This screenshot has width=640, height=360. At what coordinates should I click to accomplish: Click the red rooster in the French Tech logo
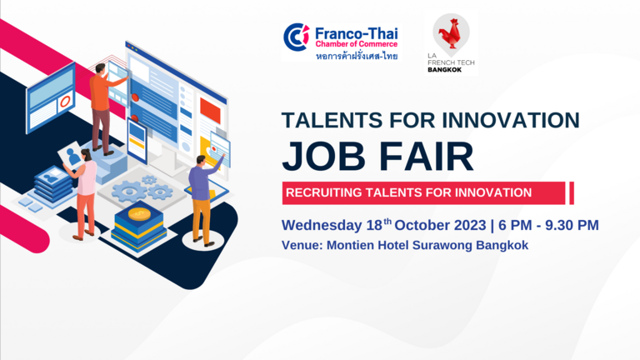(450, 32)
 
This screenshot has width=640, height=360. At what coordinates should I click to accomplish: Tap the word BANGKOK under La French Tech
(444, 70)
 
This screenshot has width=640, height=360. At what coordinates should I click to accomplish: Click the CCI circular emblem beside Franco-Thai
(297, 37)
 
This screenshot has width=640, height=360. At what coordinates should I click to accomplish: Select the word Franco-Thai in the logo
(357, 33)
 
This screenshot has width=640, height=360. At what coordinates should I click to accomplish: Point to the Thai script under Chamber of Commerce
(357, 56)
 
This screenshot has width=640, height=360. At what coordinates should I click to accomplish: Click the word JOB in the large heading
(323, 157)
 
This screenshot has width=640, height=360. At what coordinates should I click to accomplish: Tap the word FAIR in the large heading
(427, 157)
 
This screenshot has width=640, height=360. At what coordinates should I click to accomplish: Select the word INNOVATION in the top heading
(511, 120)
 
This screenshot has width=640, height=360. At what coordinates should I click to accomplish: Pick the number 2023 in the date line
(471, 225)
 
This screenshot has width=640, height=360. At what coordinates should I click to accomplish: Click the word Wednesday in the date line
(322, 225)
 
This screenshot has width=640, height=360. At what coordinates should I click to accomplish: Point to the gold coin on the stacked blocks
(139, 213)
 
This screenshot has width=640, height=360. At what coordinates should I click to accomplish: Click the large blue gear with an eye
(128, 191)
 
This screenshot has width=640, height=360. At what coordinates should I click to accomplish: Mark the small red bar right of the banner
(572, 193)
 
